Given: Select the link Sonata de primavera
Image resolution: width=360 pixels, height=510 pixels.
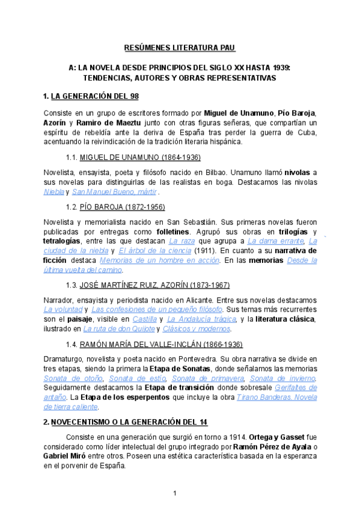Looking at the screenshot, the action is pyautogui.click(x=208, y=379).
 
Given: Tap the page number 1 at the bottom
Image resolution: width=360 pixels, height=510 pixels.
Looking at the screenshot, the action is pyautogui.click(x=174, y=494).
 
